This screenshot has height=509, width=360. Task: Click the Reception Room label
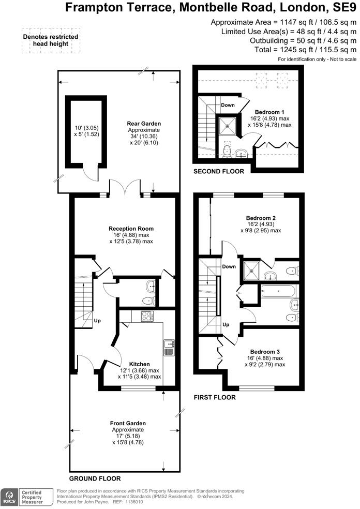[131, 228]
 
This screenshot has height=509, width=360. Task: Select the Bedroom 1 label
[269, 112]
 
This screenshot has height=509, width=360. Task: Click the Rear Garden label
[144, 124]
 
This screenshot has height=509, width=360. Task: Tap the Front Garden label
[128, 423]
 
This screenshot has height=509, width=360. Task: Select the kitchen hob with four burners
[145, 317]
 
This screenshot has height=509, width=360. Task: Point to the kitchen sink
[169, 347]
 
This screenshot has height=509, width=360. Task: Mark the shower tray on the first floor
[251, 268]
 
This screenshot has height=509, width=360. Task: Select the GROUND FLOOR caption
[95, 479]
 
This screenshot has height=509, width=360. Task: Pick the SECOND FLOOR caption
[218, 171]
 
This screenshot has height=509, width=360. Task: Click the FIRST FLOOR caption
[215, 398]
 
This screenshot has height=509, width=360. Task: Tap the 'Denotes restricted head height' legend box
[51, 40]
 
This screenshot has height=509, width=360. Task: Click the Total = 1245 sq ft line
[303, 50]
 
